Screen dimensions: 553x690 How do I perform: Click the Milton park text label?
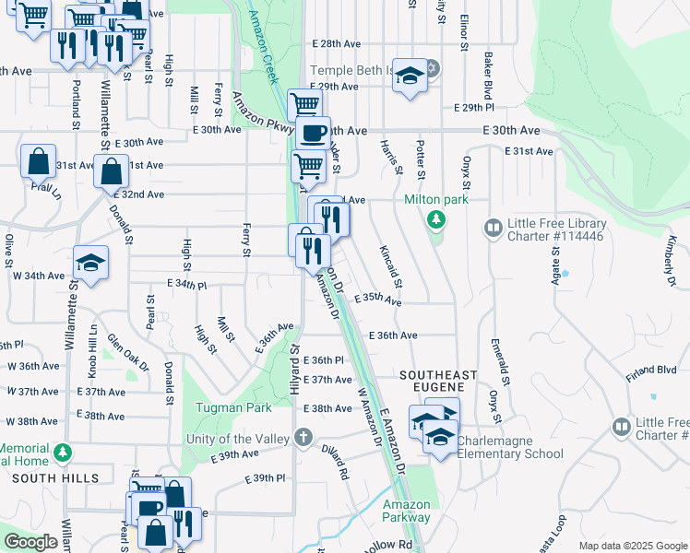[x=436, y=200]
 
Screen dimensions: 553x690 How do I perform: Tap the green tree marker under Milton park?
[x=435, y=220]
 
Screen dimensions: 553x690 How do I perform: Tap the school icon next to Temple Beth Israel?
[x=409, y=76]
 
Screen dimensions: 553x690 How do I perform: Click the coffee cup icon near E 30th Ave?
[x=313, y=133]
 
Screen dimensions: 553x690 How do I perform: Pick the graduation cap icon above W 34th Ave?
[x=90, y=264]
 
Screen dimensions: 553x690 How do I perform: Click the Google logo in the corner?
[x=30, y=542]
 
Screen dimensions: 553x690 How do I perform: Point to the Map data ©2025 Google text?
[x=632, y=546]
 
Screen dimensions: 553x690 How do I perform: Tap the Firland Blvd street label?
[x=650, y=370]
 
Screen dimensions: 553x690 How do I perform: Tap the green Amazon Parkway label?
[x=407, y=511]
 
